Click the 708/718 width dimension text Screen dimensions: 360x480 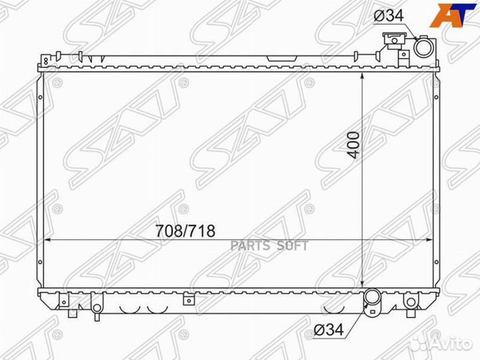183,231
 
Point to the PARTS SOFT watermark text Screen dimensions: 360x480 269,245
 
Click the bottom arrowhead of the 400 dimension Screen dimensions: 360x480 361,283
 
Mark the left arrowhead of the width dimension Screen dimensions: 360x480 47,239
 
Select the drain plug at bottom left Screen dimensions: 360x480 97,307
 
